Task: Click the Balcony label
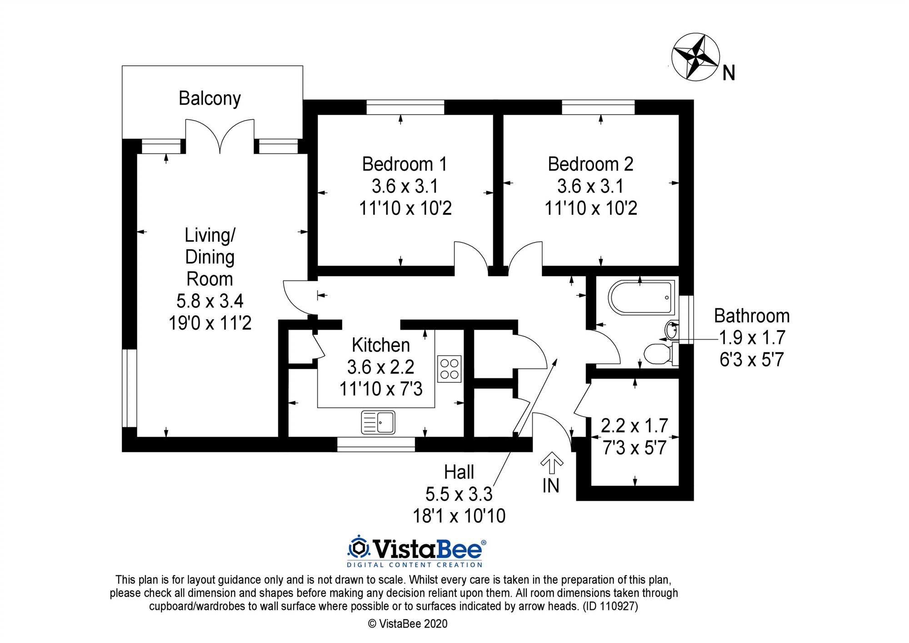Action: (210, 99)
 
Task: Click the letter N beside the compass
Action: (729, 73)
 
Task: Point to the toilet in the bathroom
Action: (658, 354)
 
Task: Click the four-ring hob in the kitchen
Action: (449, 368)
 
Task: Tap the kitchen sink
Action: (378, 422)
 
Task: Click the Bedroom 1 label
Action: (405, 164)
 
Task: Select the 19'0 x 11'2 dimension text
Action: (210, 323)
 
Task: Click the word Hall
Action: (459, 472)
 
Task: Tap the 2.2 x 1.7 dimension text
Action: (634, 426)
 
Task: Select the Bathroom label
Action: (752, 316)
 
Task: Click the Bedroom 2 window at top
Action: (598, 107)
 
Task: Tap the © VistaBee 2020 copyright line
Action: (408, 624)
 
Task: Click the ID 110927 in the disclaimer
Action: (611, 606)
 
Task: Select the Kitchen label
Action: (381, 346)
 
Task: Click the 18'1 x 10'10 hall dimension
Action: (459, 516)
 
